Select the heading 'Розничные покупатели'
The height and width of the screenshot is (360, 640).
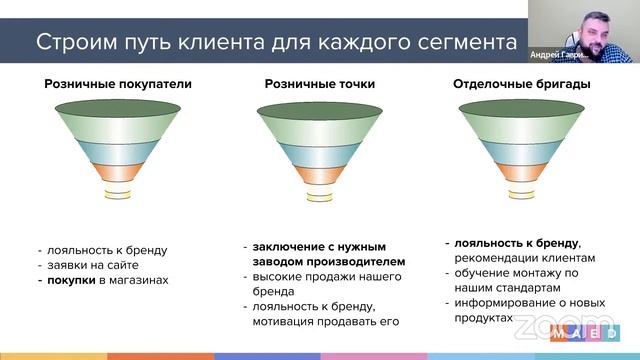coord(103,84)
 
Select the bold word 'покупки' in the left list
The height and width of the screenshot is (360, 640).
coord(70,281)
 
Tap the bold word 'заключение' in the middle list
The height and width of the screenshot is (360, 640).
coord(285,246)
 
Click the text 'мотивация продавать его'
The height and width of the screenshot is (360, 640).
coord(325,321)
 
